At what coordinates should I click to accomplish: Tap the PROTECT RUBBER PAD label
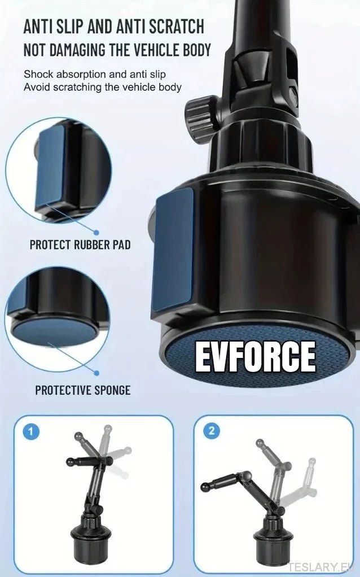click(80, 245)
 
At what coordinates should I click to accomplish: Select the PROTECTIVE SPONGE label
click(83, 390)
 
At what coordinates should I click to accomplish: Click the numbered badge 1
click(31, 432)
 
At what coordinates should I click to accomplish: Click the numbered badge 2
click(211, 431)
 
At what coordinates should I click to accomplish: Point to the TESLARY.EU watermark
click(322, 567)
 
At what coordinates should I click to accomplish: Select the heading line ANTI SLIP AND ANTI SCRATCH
click(113, 26)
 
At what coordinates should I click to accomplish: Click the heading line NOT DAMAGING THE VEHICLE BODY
click(117, 49)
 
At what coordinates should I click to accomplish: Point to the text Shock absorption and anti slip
click(94, 75)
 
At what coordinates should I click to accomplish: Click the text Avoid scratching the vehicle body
click(102, 87)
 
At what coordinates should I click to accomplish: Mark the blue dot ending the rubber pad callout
click(96, 232)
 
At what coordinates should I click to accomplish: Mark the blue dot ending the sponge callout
click(96, 373)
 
